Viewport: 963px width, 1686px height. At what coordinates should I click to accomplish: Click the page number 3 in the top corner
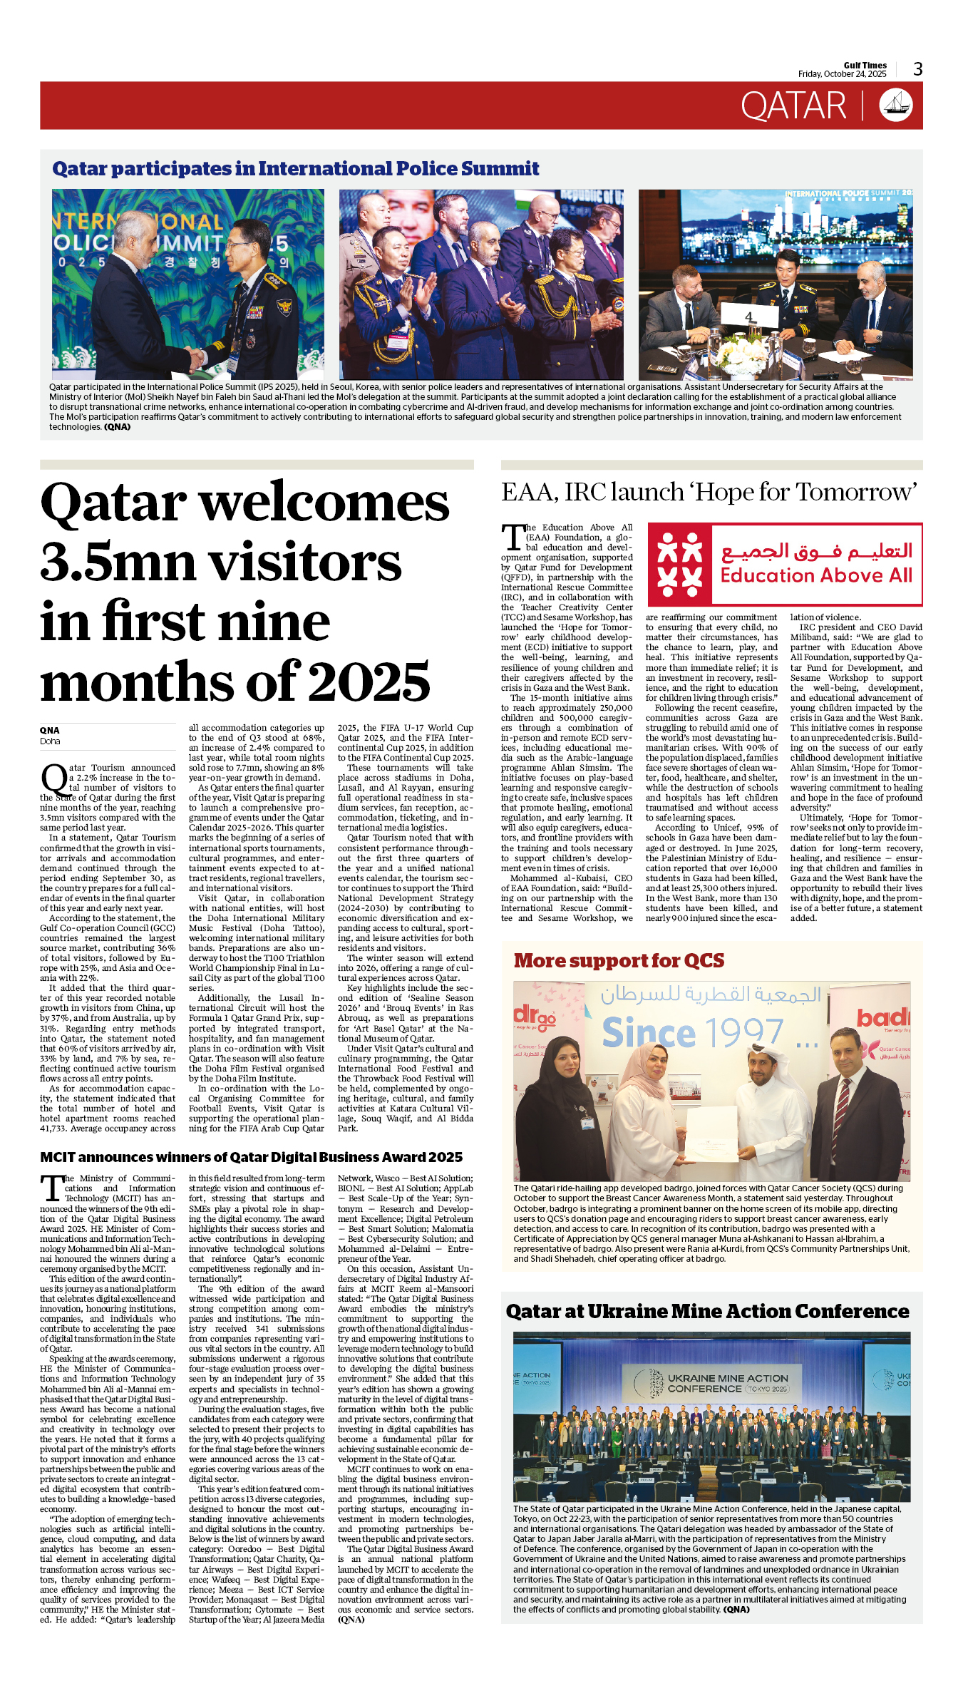pyautogui.click(x=917, y=69)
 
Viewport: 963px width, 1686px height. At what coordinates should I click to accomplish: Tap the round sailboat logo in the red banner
pyautogui.click(x=896, y=106)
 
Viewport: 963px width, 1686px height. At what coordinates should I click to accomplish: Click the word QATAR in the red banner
pyautogui.click(x=793, y=106)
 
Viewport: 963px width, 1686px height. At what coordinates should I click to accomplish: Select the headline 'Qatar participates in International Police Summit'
pyautogui.click(x=295, y=169)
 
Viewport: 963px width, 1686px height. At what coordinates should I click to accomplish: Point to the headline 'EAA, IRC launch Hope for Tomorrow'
pyautogui.click(x=709, y=492)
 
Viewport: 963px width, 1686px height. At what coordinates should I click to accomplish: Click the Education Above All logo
pyautogui.click(x=784, y=564)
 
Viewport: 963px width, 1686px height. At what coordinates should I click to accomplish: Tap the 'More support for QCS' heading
pyautogui.click(x=619, y=961)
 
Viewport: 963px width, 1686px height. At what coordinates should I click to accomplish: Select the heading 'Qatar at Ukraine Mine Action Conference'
pyautogui.click(x=707, y=1312)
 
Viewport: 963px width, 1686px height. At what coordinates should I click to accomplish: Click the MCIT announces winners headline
pyautogui.click(x=251, y=1157)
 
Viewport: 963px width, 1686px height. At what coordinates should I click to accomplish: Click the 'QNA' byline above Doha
pyautogui.click(x=50, y=730)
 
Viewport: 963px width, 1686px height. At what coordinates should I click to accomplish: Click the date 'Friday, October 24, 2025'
pyautogui.click(x=842, y=74)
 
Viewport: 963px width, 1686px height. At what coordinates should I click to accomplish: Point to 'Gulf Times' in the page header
pyautogui.click(x=865, y=65)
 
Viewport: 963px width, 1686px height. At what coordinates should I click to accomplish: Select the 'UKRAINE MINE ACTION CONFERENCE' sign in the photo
pyautogui.click(x=726, y=1384)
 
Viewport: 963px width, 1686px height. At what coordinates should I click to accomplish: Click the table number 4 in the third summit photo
pyautogui.click(x=748, y=317)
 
